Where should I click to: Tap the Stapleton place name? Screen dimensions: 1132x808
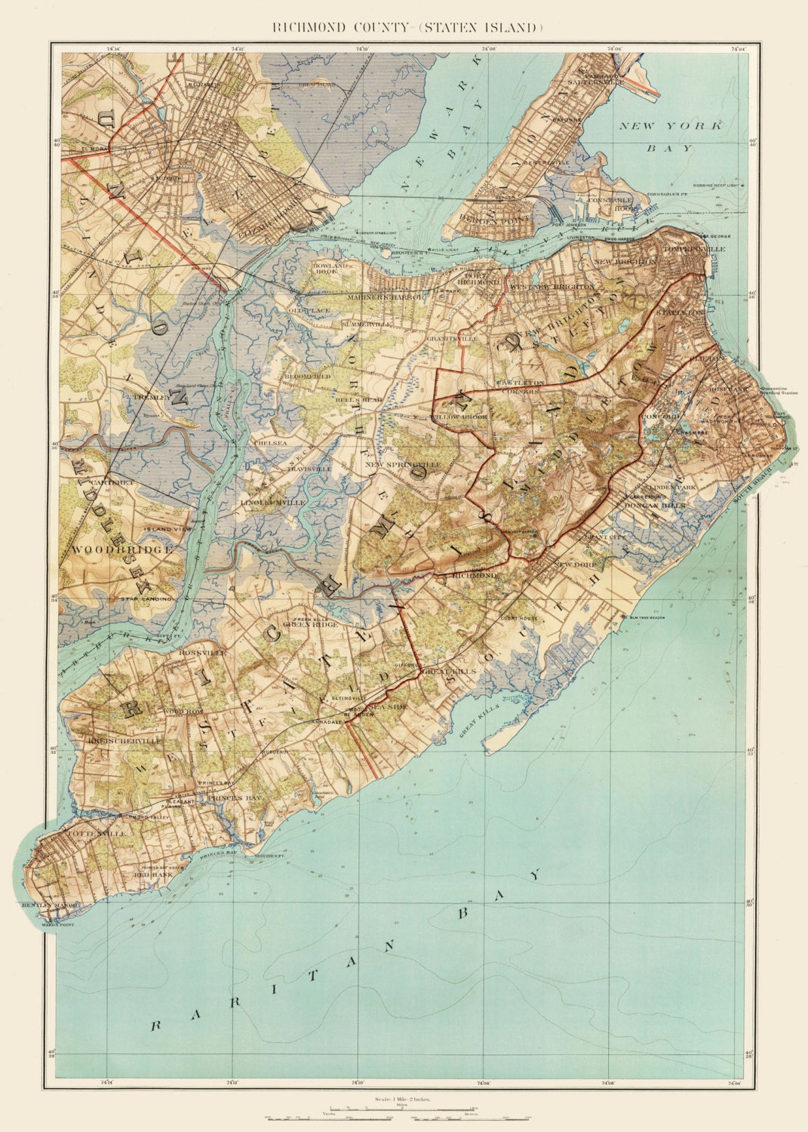678,311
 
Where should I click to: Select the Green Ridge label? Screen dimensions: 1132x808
309,624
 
